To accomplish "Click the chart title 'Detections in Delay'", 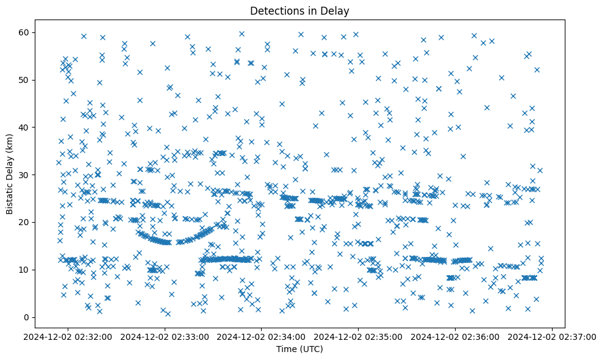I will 300,10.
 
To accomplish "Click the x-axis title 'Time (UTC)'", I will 300,349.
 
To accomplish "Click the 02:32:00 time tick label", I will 68,336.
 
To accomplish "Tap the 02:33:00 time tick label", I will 165,336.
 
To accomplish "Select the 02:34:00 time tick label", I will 262,336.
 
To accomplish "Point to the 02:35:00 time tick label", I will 359,336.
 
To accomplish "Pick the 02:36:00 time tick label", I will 456,336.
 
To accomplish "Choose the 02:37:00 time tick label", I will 552,336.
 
